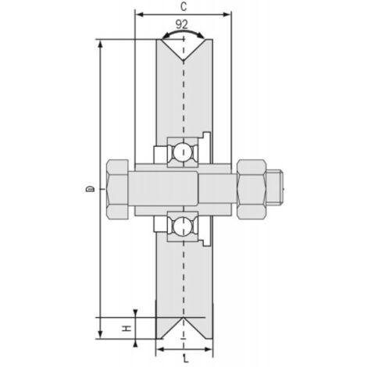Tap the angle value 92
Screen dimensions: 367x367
[183, 25]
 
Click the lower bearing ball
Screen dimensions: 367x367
[182, 226]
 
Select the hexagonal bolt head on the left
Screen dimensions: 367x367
[118, 189]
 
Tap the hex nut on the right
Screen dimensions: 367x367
[251, 189]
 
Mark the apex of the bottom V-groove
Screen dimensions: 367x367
[183, 318]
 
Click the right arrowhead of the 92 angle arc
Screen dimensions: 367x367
[205, 37]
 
